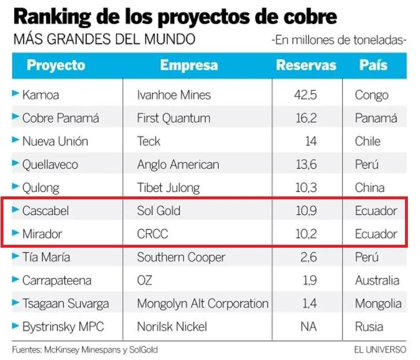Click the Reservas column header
pos(306,65)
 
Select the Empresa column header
pos(189,65)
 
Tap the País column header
pos(373,65)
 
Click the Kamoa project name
pos(41,95)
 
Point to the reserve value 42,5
pos(305,95)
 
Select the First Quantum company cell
pos(173,118)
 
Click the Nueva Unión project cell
pos(55,141)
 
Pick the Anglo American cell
pos(178,165)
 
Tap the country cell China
pos(370,188)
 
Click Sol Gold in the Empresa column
pos(158,211)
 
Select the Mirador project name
pos(42,234)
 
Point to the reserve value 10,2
pos(306,234)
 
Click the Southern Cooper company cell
pos(181,257)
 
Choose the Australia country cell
pos(377,281)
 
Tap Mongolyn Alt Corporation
pos(203,304)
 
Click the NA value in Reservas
pos(309,327)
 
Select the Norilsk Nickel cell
pos(172,327)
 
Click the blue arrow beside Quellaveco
pos(16,163)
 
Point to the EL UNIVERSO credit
pos(380,350)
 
